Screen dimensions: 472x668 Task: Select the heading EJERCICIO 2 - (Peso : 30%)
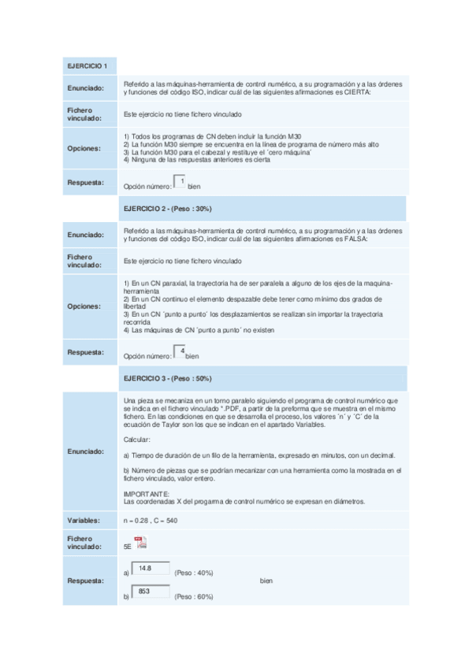[x=168, y=208]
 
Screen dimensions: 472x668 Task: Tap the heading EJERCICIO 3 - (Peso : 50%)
[x=168, y=379]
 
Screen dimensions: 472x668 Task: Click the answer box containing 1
[x=180, y=182]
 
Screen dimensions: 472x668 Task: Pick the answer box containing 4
[x=180, y=352]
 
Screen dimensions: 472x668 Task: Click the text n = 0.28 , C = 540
[x=151, y=521]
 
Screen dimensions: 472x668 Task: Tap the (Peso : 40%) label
[x=194, y=573]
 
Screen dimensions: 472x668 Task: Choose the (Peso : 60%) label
[x=194, y=596]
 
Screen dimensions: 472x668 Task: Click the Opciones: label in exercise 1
[x=84, y=148]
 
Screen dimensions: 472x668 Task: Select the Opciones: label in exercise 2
[x=84, y=306]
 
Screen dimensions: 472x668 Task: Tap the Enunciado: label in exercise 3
[x=86, y=451]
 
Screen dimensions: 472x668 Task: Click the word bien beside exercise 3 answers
[x=266, y=581]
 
